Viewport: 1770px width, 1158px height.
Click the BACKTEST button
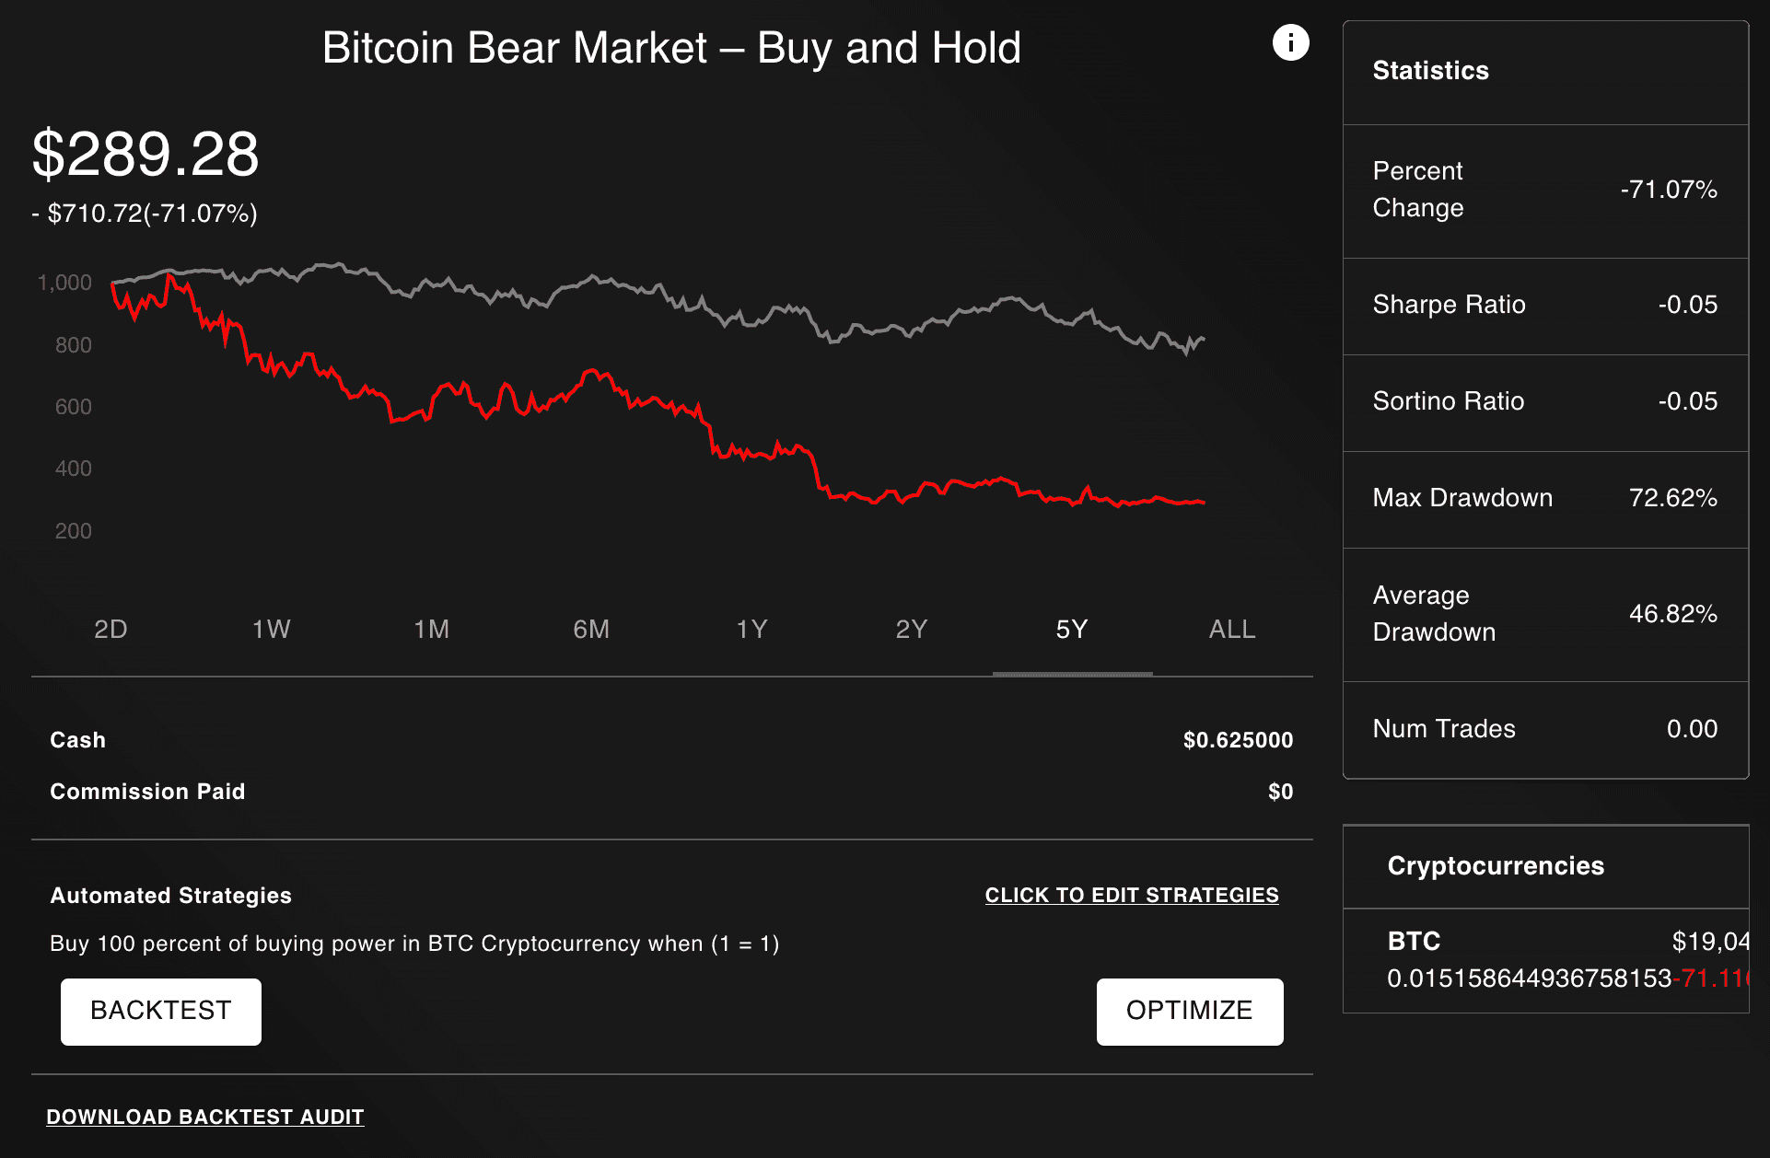[161, 1011]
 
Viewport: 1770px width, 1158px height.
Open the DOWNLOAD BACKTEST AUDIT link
[205, 1117]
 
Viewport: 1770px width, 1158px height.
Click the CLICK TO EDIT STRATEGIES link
[1131, 895]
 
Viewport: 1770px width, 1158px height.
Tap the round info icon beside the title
[1290, 42]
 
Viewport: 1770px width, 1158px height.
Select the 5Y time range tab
[1071, 630]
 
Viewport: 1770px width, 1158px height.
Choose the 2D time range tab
[111, 630]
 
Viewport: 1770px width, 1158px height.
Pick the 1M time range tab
[431, 630]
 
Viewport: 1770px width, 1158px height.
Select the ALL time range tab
[1231, 630]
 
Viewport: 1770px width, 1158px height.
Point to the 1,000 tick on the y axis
[64, 283]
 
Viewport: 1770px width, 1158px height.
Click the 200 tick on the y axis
[73, 531]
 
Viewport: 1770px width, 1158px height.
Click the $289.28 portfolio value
[146, 154]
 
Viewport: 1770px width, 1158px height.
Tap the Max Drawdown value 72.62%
[1672, 498]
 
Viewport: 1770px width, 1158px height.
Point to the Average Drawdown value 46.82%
[1672, 614]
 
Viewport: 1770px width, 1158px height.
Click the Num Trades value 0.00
[1691, 729]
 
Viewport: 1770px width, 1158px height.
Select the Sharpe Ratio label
[1449, 305]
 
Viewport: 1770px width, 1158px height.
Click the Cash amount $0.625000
[1237, 740]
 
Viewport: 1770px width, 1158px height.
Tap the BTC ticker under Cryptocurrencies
[1414, 941]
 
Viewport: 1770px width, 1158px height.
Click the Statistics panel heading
[1430, 71]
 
